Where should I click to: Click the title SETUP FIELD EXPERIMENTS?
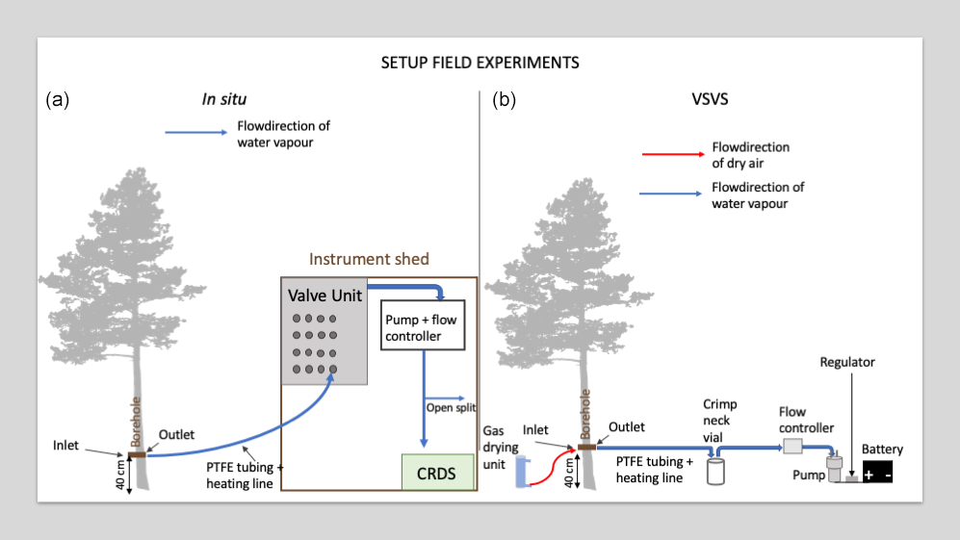point(480,64)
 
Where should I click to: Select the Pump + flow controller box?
point(423,328)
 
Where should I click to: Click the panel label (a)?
point(58,99)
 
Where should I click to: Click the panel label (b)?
point(505,99)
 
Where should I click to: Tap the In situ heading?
point(223,98)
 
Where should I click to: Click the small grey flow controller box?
point(792,447)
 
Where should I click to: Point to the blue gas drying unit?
point(522,471)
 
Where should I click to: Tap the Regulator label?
point(847,363)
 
